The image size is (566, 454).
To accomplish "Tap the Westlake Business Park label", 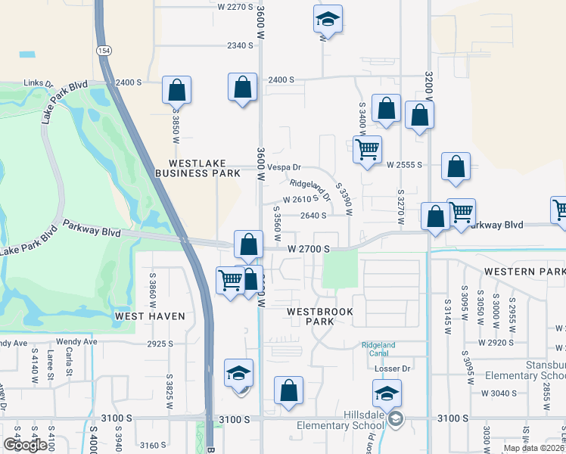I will click(197, 168).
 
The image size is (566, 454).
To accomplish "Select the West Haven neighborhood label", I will click(150, 316).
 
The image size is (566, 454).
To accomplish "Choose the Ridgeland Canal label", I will click(378, 349).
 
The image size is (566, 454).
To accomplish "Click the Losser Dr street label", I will click(392, 369).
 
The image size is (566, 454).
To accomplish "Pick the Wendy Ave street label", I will click(77, 342).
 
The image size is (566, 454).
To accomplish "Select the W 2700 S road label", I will click(309, 248).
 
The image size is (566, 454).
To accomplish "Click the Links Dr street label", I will click(37, 84).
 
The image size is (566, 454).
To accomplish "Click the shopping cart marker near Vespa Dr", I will click(367, 148).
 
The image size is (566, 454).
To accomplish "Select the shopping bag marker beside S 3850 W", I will click(176, 90).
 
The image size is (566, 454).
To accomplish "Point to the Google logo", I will click(25, 445).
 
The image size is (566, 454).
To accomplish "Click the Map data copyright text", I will click(534, 448).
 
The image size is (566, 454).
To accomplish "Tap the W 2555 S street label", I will click(403, 164).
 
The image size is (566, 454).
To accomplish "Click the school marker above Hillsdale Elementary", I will click(386, 393).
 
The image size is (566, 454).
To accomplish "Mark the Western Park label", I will click(524, 272).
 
